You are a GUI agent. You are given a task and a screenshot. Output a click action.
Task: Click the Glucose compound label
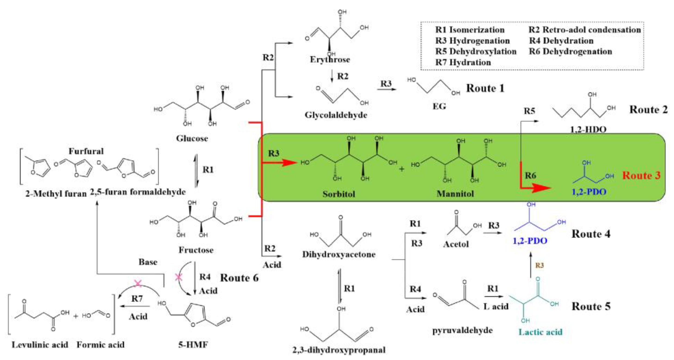point(192,138)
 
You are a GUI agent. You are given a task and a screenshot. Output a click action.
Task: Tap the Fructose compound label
point(196,250)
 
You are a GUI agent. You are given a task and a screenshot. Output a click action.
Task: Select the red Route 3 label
point(641,175)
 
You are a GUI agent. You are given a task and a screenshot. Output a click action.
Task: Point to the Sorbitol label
point(339,194)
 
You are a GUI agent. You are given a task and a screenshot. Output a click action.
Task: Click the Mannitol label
point(455,194)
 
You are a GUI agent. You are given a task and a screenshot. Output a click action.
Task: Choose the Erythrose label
point(330,60)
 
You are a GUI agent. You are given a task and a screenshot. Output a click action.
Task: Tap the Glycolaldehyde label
point(336,115)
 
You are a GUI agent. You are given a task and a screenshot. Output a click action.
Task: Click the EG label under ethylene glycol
point(439,106)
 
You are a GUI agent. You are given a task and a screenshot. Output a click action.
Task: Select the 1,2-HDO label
point(588,129)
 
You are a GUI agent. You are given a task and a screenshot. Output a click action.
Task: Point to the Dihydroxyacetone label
point(339,254)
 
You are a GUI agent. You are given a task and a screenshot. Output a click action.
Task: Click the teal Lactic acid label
point(540,332)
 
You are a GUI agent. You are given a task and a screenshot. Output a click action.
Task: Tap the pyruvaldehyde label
point(462,330)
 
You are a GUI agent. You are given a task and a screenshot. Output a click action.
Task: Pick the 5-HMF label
point(193,344)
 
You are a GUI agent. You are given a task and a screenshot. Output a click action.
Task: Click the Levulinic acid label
point(40,344)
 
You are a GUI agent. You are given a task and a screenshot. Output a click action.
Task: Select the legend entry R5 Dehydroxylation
point(476,51)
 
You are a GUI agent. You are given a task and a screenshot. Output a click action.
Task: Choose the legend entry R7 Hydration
point(463,62)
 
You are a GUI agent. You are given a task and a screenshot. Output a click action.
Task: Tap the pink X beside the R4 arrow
point(179,277)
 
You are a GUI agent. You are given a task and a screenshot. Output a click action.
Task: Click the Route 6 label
point(239,278)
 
